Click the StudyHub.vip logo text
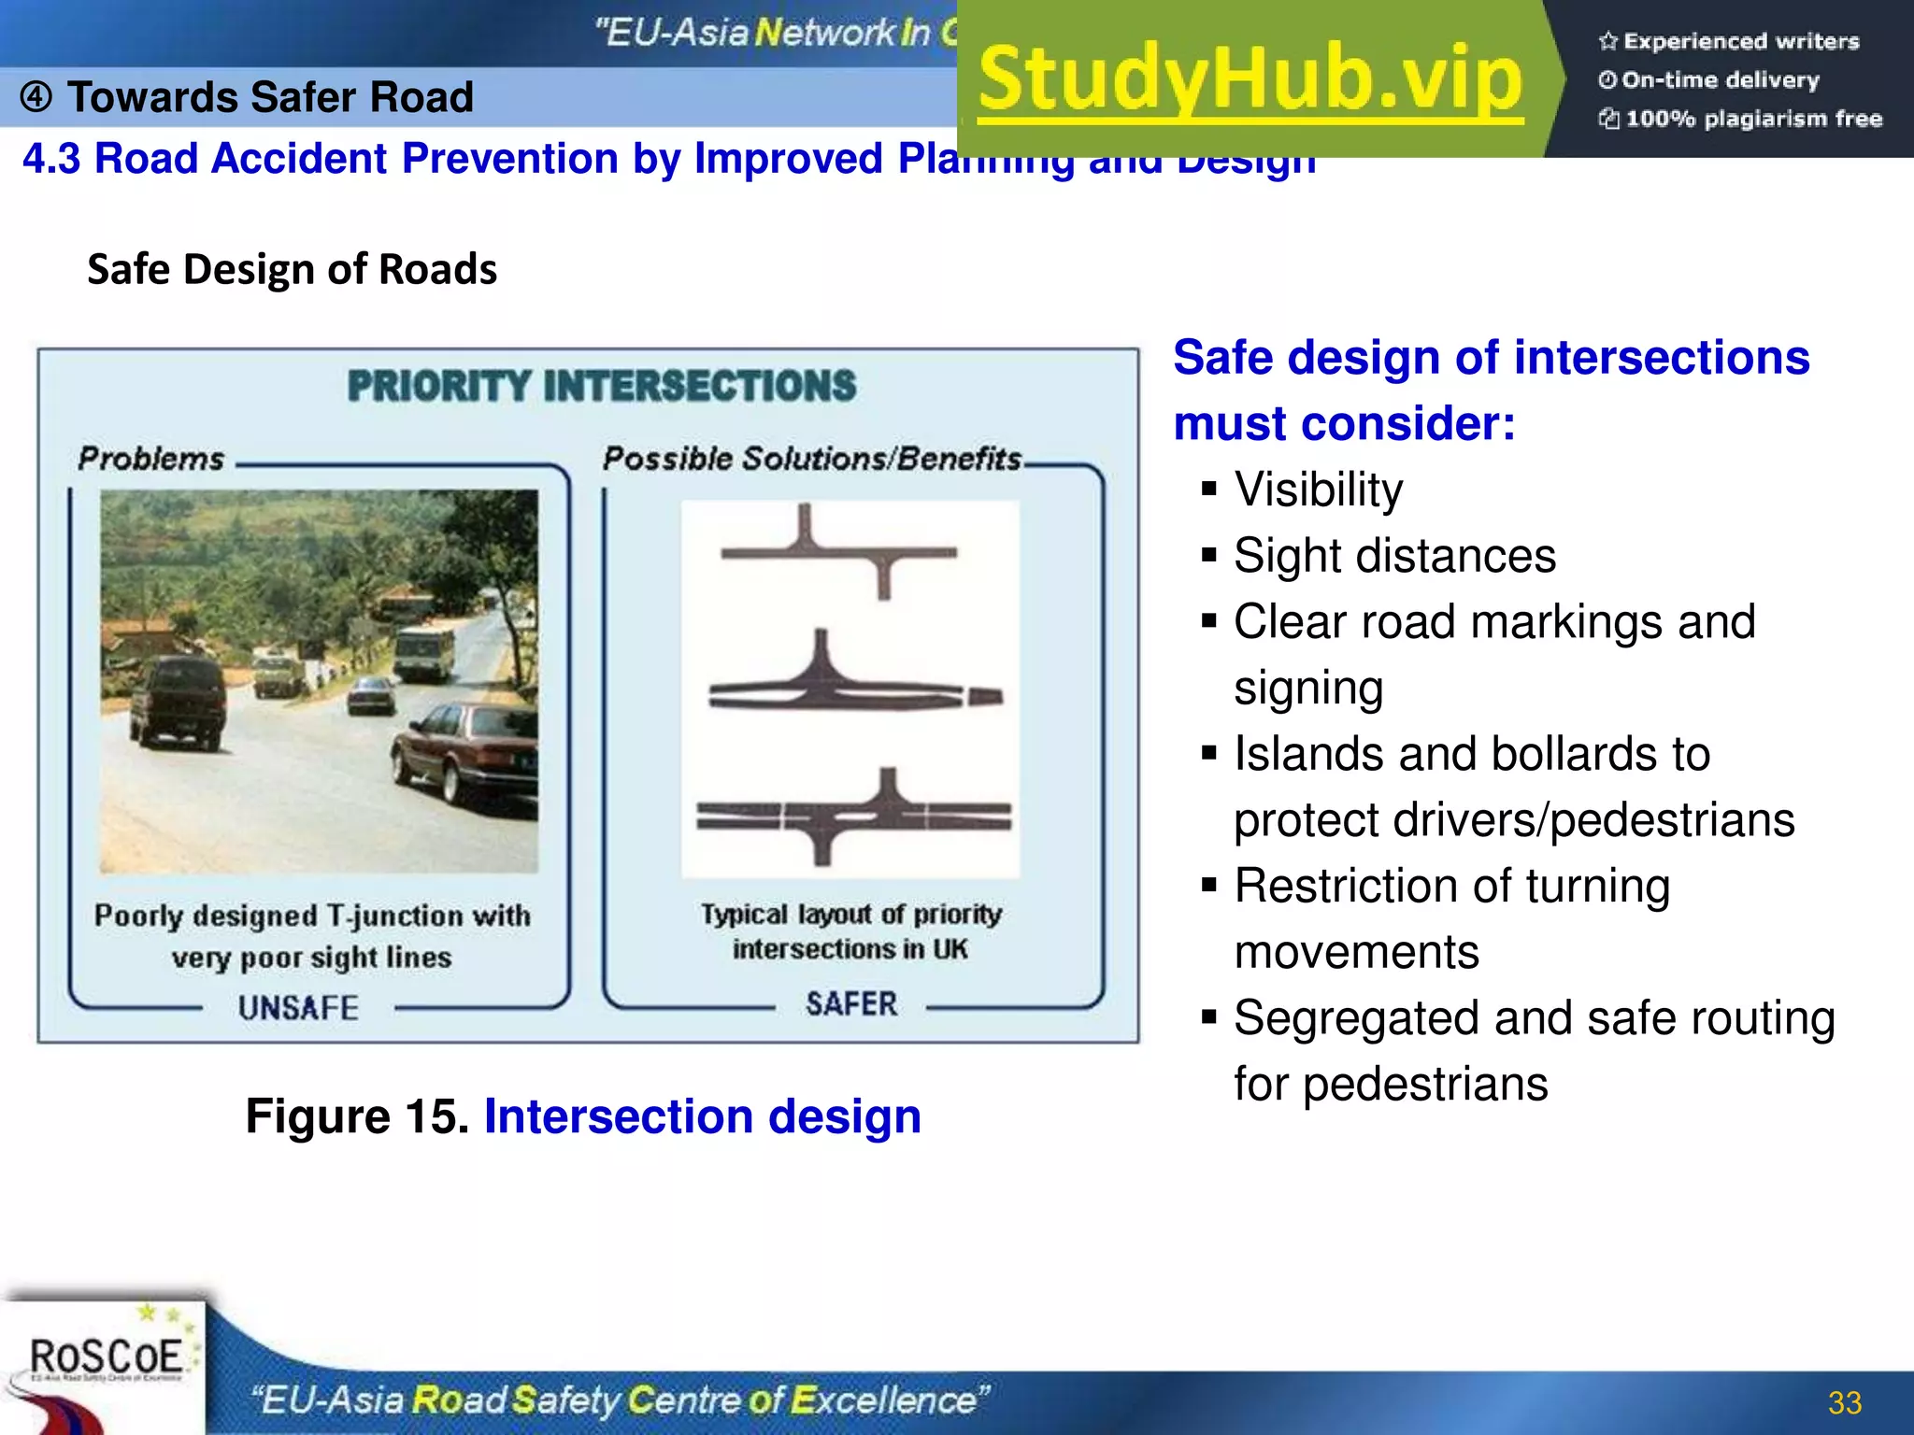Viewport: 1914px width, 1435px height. pos(1250,78)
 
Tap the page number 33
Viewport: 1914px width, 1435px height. pos(1844,1402)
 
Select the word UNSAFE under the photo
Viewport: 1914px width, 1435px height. pos(298,1008)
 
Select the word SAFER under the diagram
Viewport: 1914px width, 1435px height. pos(850,1004)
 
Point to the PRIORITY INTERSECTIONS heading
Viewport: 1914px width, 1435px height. pos(601,386)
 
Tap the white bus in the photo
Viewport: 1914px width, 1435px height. pos(425,651)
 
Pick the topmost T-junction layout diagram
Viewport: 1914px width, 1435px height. pos(839,551)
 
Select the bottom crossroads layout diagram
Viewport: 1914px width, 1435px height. pos(852,816)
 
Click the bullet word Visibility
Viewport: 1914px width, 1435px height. pos(1318,490)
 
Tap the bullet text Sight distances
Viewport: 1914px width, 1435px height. pos(1394,556)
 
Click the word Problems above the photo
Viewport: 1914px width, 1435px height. pos(151,459)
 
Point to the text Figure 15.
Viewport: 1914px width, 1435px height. pos(357,1116)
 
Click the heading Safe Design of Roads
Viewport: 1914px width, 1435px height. pos(292,269)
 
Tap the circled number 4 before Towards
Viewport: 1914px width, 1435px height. pos(36,97)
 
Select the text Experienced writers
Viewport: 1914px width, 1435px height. pos(1740,41)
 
